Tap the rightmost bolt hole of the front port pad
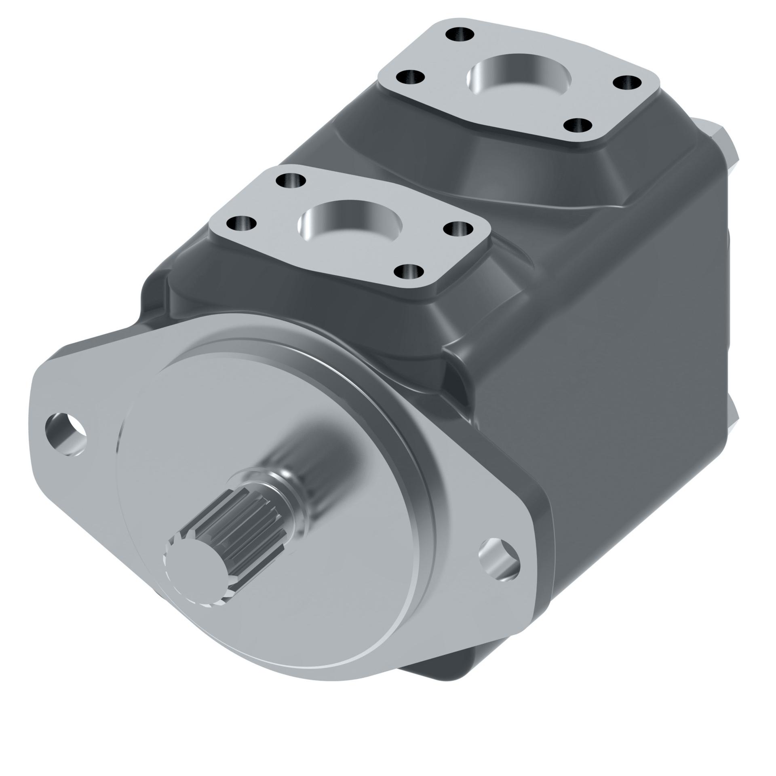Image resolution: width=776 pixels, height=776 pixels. coord(458,229)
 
